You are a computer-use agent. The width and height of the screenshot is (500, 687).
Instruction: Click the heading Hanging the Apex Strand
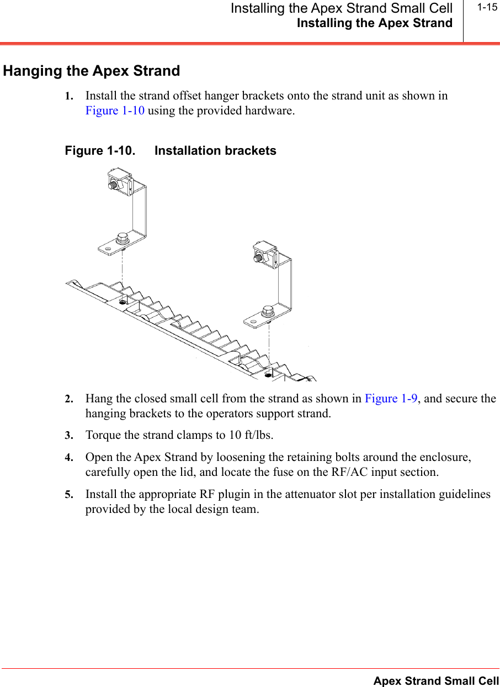point(92,71)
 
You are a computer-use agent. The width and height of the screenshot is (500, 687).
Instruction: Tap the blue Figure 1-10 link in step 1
point(115,111)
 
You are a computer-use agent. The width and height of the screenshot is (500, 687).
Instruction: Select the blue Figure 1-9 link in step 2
point(390,398)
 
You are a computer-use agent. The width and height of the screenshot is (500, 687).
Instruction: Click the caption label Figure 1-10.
point(99,151)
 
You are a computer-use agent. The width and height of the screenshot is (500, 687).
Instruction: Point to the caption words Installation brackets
point(215,151)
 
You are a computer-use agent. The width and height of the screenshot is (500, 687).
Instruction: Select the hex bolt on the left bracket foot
point(122,239)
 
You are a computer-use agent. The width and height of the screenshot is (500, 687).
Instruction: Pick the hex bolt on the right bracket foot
point(268,311)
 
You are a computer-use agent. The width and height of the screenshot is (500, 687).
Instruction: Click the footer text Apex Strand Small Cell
point(436,681)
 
